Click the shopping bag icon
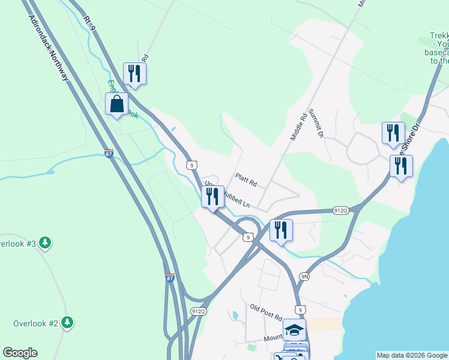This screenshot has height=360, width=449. pos(116,104)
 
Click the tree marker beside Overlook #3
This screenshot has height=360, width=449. pos(45,243)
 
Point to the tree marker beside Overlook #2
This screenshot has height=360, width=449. pos(68,323)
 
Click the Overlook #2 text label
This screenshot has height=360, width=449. pos(35,323)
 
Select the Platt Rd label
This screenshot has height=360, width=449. pos(246,179)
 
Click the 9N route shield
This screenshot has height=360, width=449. pos(304,276)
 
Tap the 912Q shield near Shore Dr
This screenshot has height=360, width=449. pos(340,211)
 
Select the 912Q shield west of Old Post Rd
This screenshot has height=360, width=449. pos(199,311)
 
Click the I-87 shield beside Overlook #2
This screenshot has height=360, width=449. pos(171,278)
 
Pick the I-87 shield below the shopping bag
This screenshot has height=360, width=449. pos(109,154)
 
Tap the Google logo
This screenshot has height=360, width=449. pos(20,353)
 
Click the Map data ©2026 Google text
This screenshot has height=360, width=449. pos(411,355)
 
